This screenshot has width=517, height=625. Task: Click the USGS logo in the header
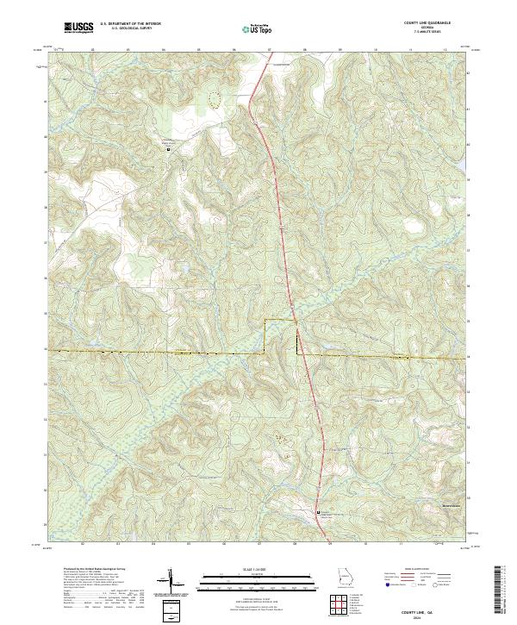79,28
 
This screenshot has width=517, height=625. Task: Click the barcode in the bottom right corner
500,591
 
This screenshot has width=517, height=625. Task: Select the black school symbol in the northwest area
168,149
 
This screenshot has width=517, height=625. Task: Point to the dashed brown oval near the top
215,99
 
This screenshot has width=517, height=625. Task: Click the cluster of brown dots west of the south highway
282,440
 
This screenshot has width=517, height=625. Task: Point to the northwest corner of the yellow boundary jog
264,320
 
